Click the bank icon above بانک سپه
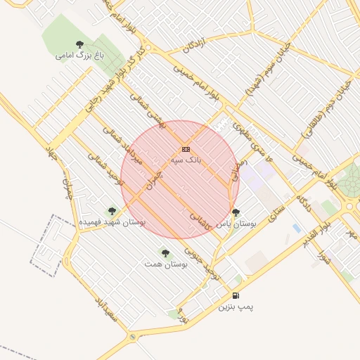click(x=186, y=149)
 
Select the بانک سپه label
click(x=186, y=160)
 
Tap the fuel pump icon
click(x=235, y=295)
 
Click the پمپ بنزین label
click(x=235, y=307)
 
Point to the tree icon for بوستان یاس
click(x=235, y=212)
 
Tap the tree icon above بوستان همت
click(x=165, y=252)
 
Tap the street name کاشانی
click(x=202, y=220)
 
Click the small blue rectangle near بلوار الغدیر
click(x=297, y=229)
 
